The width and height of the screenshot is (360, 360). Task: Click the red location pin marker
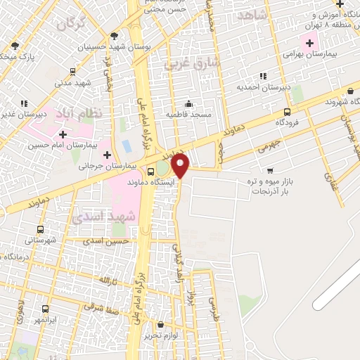(181, 167)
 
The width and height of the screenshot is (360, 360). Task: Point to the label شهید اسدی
(103, 217)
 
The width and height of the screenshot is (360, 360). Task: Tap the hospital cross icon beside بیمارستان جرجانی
(107, 154)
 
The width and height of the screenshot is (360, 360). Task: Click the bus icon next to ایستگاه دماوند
(150, 172)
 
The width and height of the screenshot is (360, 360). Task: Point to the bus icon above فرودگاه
(287, 112)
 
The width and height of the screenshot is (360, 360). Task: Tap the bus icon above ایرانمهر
(45, 309)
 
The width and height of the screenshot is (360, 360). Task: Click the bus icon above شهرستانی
(39, 229)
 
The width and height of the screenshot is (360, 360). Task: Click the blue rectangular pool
(127, 147)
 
